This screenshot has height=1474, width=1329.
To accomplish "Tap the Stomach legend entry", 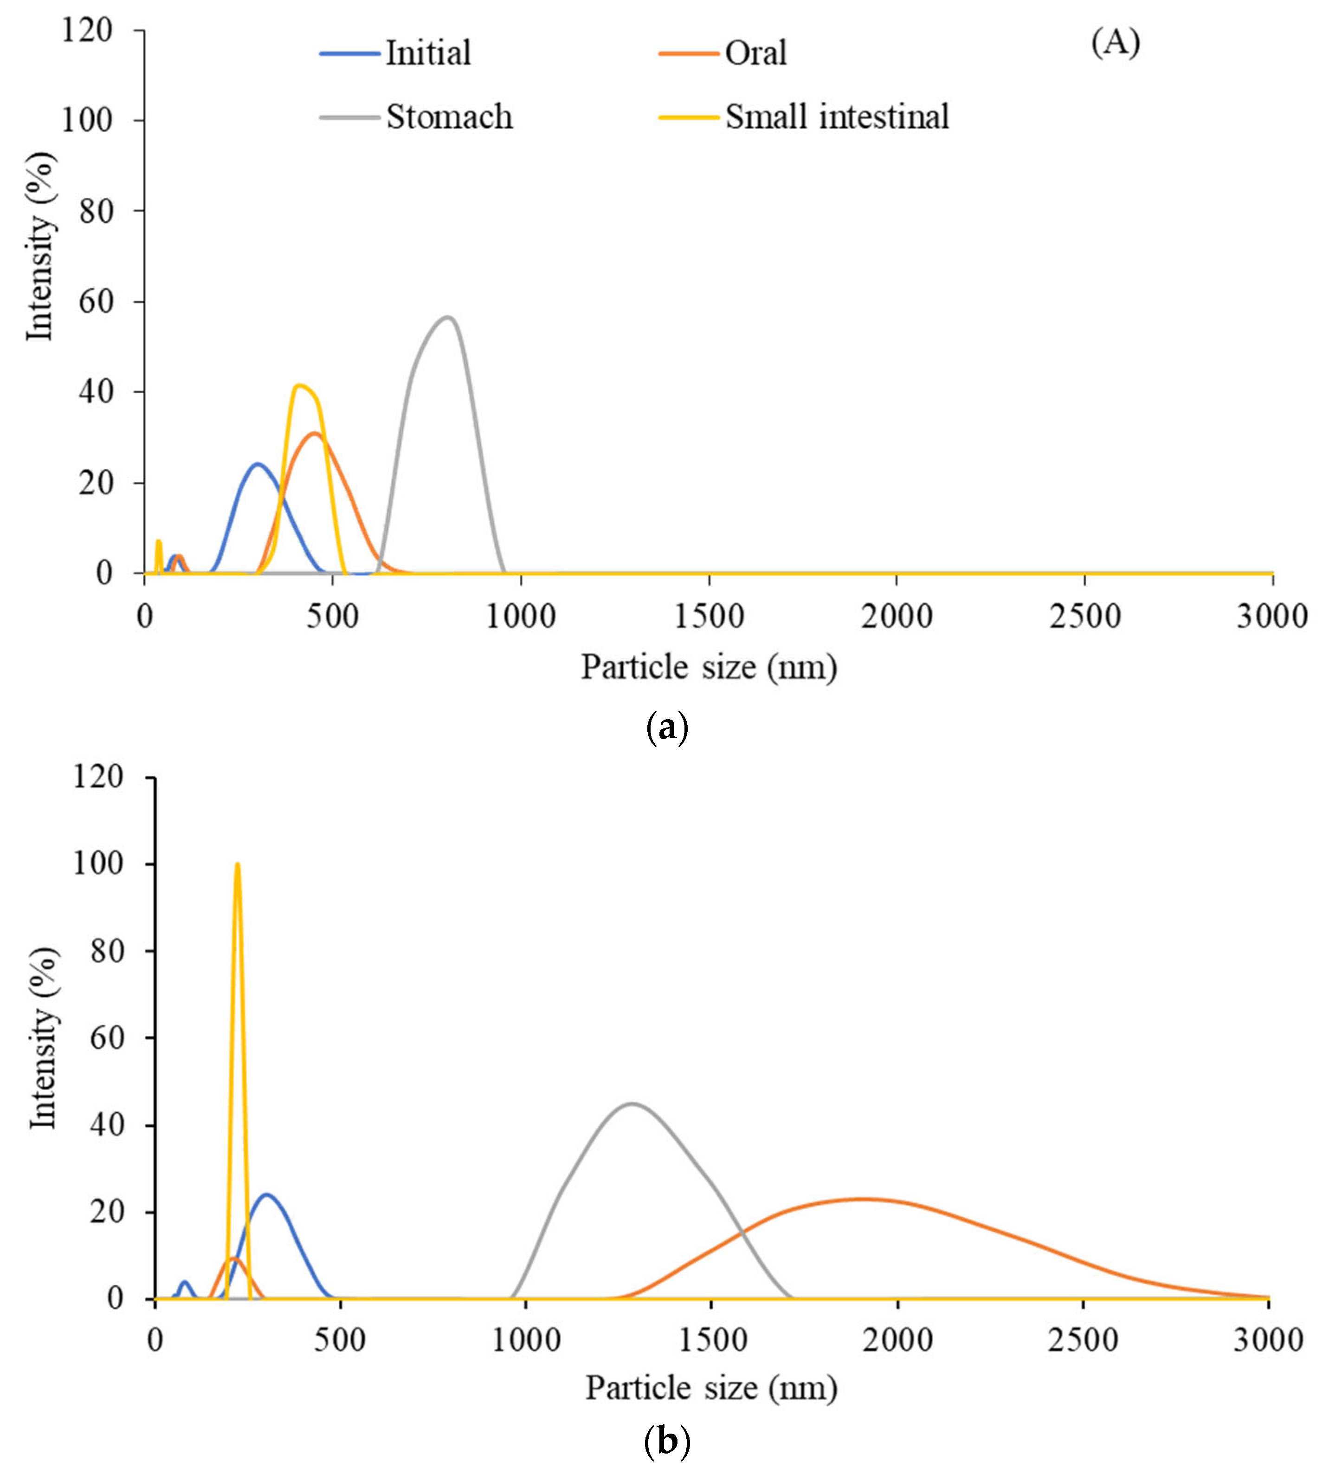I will (x=448, y=117).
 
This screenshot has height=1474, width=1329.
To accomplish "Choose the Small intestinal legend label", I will (x=836, y=117).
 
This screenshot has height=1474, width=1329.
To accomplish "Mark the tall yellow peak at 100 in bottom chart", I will (x=237, y=864).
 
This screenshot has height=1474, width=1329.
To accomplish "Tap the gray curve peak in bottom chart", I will (x=632, y=1104).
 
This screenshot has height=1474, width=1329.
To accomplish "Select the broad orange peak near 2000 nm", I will (x=862, y=1199).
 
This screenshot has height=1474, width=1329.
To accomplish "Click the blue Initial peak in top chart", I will (x=257, y=464).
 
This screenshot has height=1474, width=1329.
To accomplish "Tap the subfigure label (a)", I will (x=667, y=728).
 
